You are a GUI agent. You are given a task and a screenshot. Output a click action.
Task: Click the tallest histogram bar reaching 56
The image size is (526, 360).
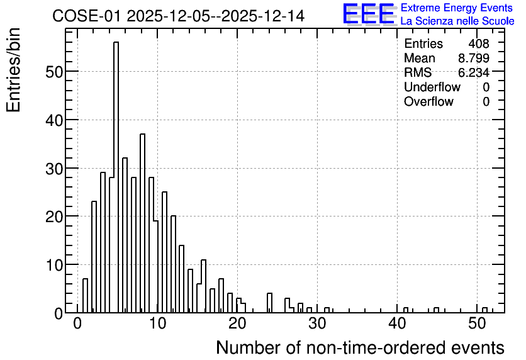(116, 177)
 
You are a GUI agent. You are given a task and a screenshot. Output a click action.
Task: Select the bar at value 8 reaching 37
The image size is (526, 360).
(142, 223)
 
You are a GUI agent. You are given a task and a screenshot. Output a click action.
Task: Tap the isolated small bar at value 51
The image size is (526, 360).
(484, 310)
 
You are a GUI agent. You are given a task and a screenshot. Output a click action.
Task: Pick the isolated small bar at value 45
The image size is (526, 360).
(437, 310)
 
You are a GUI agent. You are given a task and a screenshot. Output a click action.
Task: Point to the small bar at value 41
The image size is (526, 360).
(406, 310)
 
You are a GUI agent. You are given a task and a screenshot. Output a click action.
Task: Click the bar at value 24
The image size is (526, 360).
(270, 303)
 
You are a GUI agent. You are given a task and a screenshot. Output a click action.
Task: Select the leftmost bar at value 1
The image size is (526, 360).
(85, 296)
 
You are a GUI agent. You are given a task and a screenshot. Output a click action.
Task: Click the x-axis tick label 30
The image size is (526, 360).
(317, 323)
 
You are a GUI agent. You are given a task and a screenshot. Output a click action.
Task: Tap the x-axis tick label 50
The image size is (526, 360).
(477, 323)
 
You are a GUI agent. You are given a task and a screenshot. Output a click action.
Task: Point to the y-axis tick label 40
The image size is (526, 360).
(53, 120)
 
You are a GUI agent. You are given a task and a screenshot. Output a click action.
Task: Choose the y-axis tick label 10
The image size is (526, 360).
(53, 265)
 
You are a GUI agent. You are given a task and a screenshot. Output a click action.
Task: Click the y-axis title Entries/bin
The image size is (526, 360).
(13, 70)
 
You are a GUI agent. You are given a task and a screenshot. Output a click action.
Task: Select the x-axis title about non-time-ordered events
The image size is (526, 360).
(361, 347)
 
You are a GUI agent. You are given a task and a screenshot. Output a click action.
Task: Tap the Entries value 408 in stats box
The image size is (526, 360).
(479, 43)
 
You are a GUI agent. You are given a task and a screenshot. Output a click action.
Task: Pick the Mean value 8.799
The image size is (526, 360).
(474, 58)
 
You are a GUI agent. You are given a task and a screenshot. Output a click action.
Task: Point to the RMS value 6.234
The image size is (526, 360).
(474, 72)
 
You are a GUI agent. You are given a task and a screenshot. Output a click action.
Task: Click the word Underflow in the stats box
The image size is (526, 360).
(432, 87)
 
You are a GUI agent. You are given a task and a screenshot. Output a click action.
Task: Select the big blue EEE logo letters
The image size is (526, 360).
(369, 14)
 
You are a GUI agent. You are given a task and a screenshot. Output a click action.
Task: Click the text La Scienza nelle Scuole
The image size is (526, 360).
(457, 21)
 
